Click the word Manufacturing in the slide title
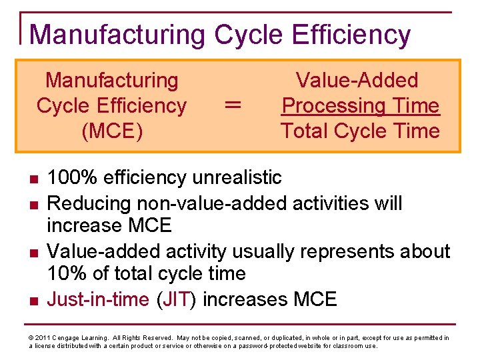pos(116,35)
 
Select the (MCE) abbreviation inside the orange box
pos(111,131)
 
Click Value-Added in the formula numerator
pos(357,81)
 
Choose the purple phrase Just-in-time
pos(98,299)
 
